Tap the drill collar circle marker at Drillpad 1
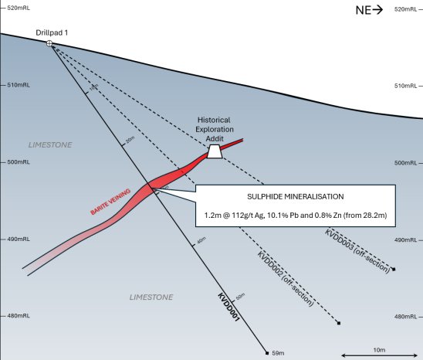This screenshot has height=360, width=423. point(50,44)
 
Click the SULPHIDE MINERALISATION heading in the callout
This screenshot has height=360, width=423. point(296,196)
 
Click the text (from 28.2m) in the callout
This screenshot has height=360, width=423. point(367,214)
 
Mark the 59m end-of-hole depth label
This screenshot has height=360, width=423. point(279,353)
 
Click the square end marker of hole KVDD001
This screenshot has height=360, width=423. point(266,352)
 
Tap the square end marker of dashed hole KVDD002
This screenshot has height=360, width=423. point(339,323)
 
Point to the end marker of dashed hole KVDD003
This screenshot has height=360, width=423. point(394,269)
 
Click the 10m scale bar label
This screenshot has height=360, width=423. point(378,349)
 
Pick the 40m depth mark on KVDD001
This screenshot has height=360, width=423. point(201,242)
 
